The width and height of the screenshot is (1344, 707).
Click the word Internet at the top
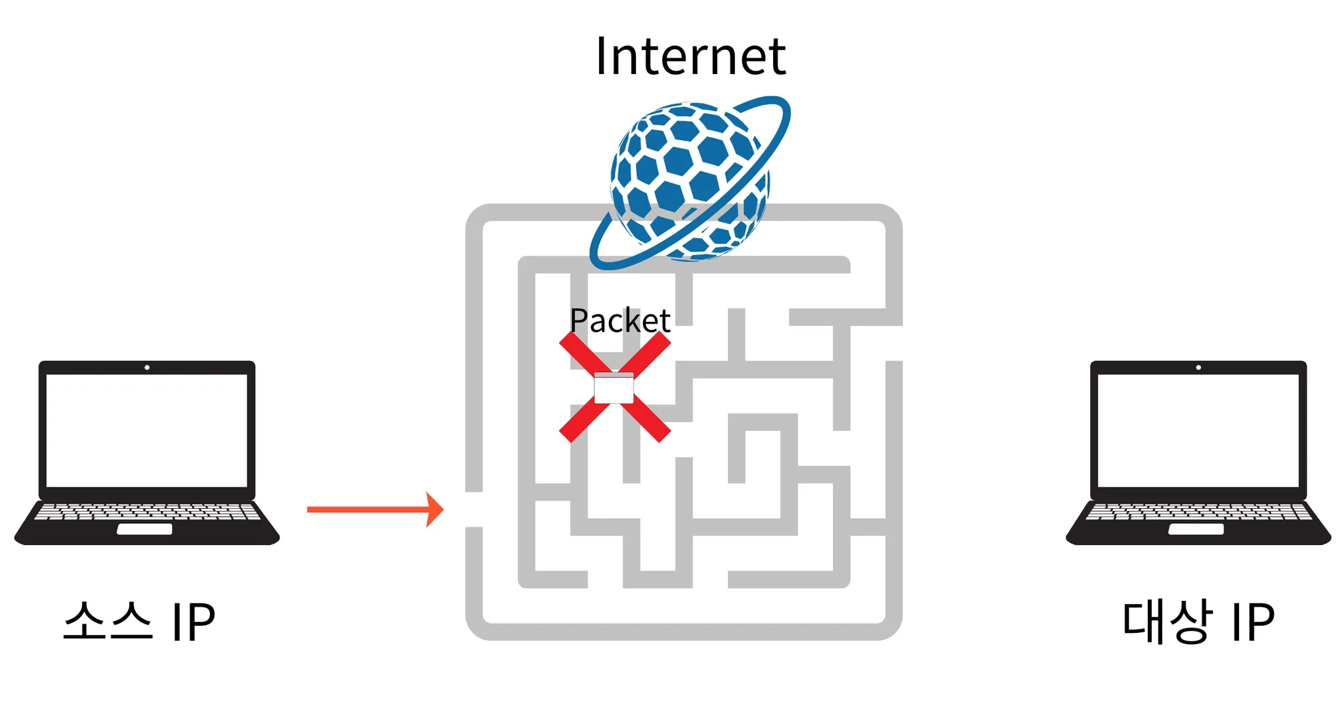(x=690, y=56)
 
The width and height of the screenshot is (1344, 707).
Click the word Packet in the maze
(x=619, y=321)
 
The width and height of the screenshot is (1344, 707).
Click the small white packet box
(x=614, y=388)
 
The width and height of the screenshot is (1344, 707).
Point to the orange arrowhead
(x=435, y=510)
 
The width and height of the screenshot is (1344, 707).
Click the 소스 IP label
(x=139, y=622)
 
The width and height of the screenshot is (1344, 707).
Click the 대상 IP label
(x=1198, y=622)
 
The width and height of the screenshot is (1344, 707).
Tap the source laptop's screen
(x=147, y=430)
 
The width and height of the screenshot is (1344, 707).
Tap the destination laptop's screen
(x=1198, y=430)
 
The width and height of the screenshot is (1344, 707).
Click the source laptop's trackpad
(x=144, y=529)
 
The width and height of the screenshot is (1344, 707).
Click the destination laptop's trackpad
(x=1196, y=529)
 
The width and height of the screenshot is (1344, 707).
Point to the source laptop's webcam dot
(x=147, y=367)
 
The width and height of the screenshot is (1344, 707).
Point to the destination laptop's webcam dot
(x=1198, y=367)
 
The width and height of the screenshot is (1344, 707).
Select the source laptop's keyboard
(x=147, y=512)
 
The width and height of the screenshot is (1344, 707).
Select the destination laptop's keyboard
(x=1198, y=512)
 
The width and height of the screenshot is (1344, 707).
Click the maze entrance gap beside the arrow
(x=474, y=510)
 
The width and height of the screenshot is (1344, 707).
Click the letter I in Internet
(x=601, y=56)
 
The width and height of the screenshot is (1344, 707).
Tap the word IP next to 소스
(x=193, y=622)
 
